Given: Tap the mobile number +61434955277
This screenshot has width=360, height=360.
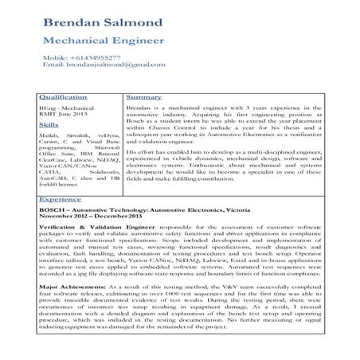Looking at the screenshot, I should (106, 58).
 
